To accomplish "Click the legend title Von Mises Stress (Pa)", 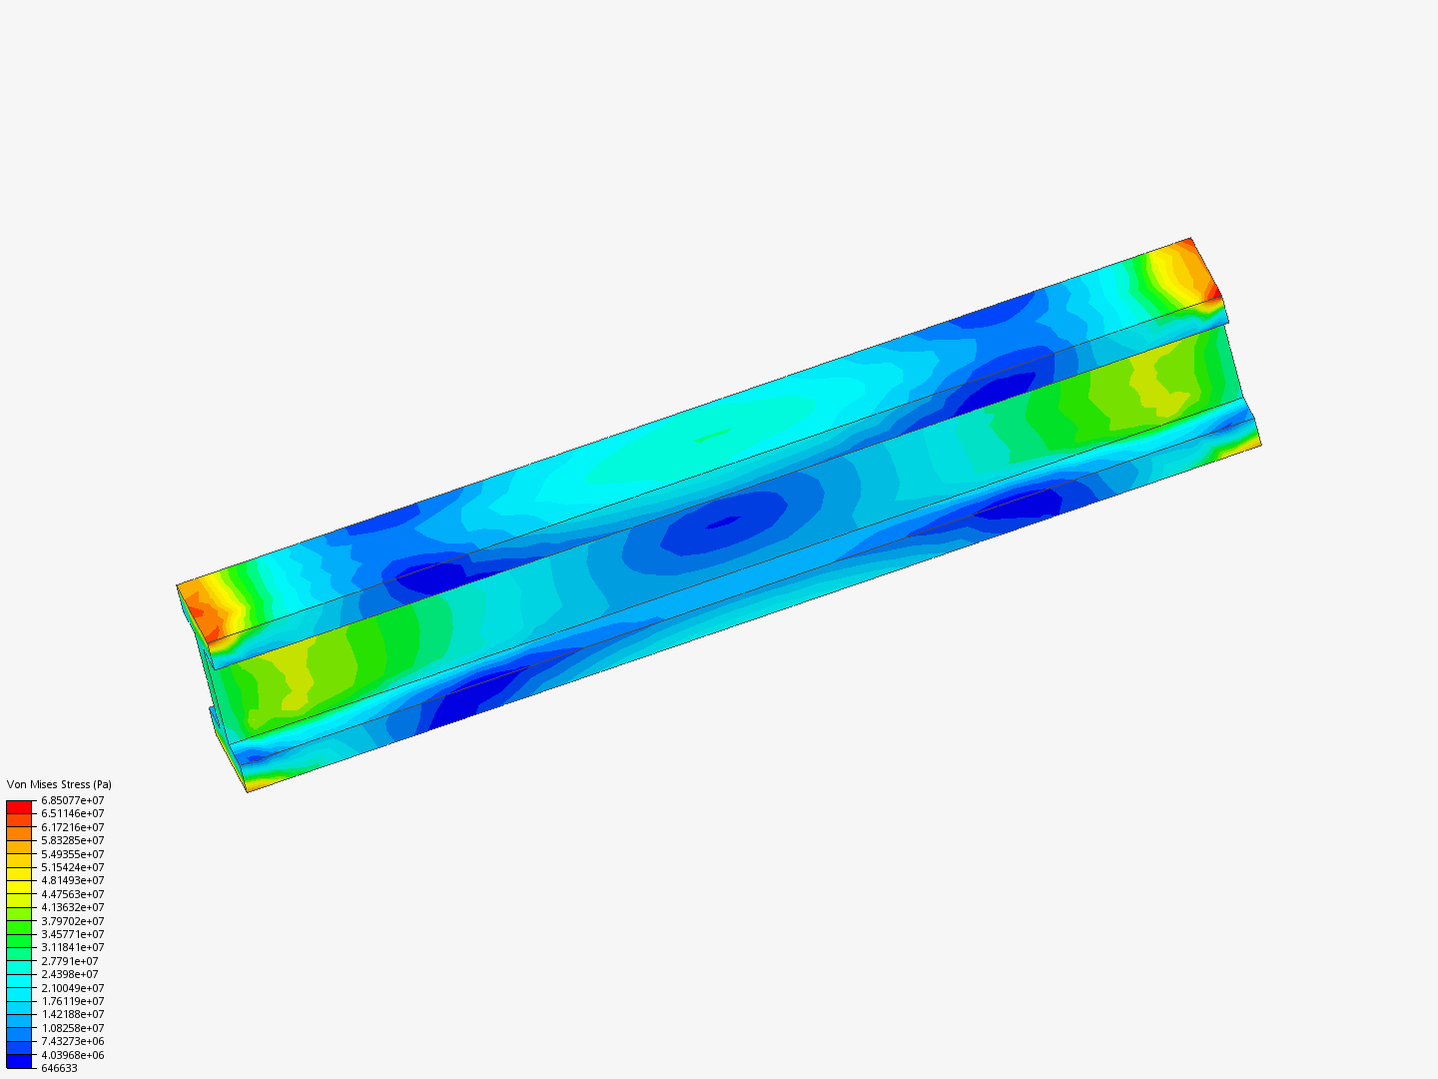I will point(59,784).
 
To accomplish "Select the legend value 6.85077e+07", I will point(72,800).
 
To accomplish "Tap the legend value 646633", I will point(59,1068).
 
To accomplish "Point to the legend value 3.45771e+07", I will point(72,934).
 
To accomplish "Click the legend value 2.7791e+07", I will point(70,961).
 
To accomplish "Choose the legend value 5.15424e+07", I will point(72,867).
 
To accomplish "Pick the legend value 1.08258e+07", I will point(72,1028).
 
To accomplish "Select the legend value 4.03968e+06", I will point(72,1055).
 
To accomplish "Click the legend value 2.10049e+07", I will point(72,988).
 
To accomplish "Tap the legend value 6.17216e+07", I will point(72,827).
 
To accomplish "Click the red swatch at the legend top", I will point(19,806).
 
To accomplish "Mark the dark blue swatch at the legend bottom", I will point(19,1061).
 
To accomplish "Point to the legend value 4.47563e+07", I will point(72,894).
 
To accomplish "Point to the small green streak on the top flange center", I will point(712,436).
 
